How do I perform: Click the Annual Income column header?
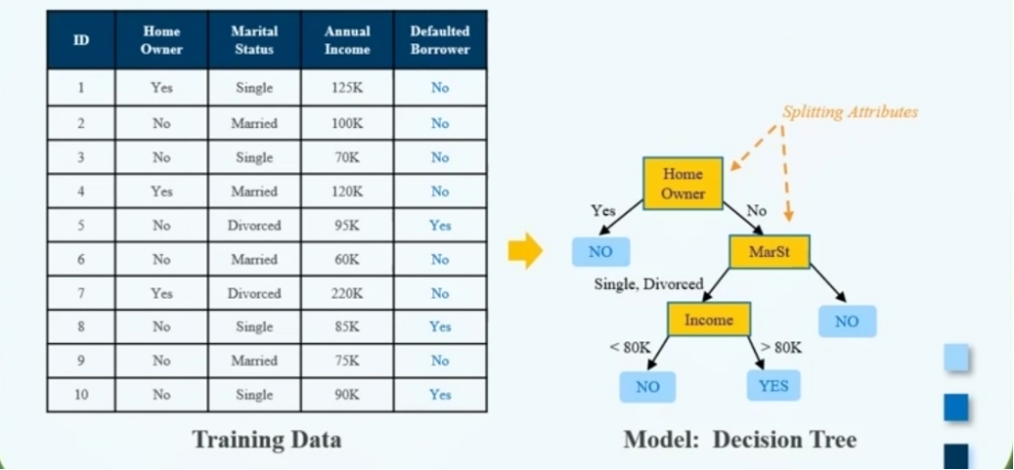347,40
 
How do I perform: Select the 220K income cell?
347,294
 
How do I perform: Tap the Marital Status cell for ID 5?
254,226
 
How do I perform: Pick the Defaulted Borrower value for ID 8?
440,327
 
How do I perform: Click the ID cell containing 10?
81,394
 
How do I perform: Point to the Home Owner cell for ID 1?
162,87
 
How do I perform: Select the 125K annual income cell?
347,87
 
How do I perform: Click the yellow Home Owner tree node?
682,183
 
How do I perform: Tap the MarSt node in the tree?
770,251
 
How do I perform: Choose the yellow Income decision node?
709,319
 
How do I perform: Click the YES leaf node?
773,386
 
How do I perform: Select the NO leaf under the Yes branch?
600,251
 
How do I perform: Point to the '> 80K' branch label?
781,347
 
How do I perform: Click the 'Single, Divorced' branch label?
649,283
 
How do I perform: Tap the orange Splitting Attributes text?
850,112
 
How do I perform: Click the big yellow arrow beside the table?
524,251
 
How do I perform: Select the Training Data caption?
266,440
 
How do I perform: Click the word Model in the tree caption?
662,440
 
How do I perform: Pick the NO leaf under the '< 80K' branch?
647,387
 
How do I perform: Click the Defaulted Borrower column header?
440,40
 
